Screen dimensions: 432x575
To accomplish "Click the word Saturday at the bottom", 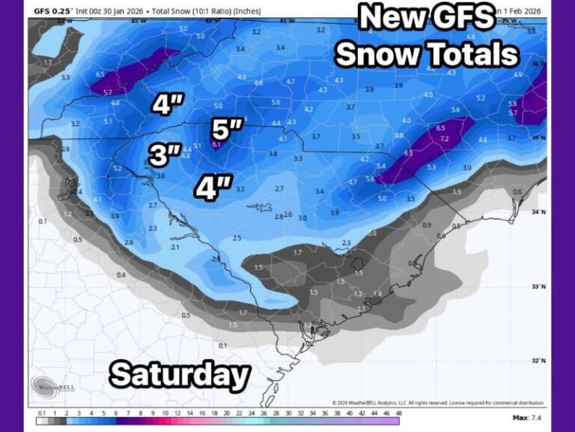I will click(180, 374).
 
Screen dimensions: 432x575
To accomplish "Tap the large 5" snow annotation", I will click(225, 129).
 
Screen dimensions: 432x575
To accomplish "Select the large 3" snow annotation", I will click(165, 154).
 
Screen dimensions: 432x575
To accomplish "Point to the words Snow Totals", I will click(427, 54).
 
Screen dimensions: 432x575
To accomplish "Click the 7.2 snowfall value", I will click(443, 139).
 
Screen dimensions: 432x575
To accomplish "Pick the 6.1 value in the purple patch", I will click(216, 144).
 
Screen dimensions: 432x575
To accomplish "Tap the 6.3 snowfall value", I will click(408, 153).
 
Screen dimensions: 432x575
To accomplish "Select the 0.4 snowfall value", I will click(121, 275).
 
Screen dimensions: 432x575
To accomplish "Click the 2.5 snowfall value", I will click(237, 238).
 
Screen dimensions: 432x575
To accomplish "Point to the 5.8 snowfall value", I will click(512, 103).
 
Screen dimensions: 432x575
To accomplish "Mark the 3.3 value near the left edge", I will click(65, 77).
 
